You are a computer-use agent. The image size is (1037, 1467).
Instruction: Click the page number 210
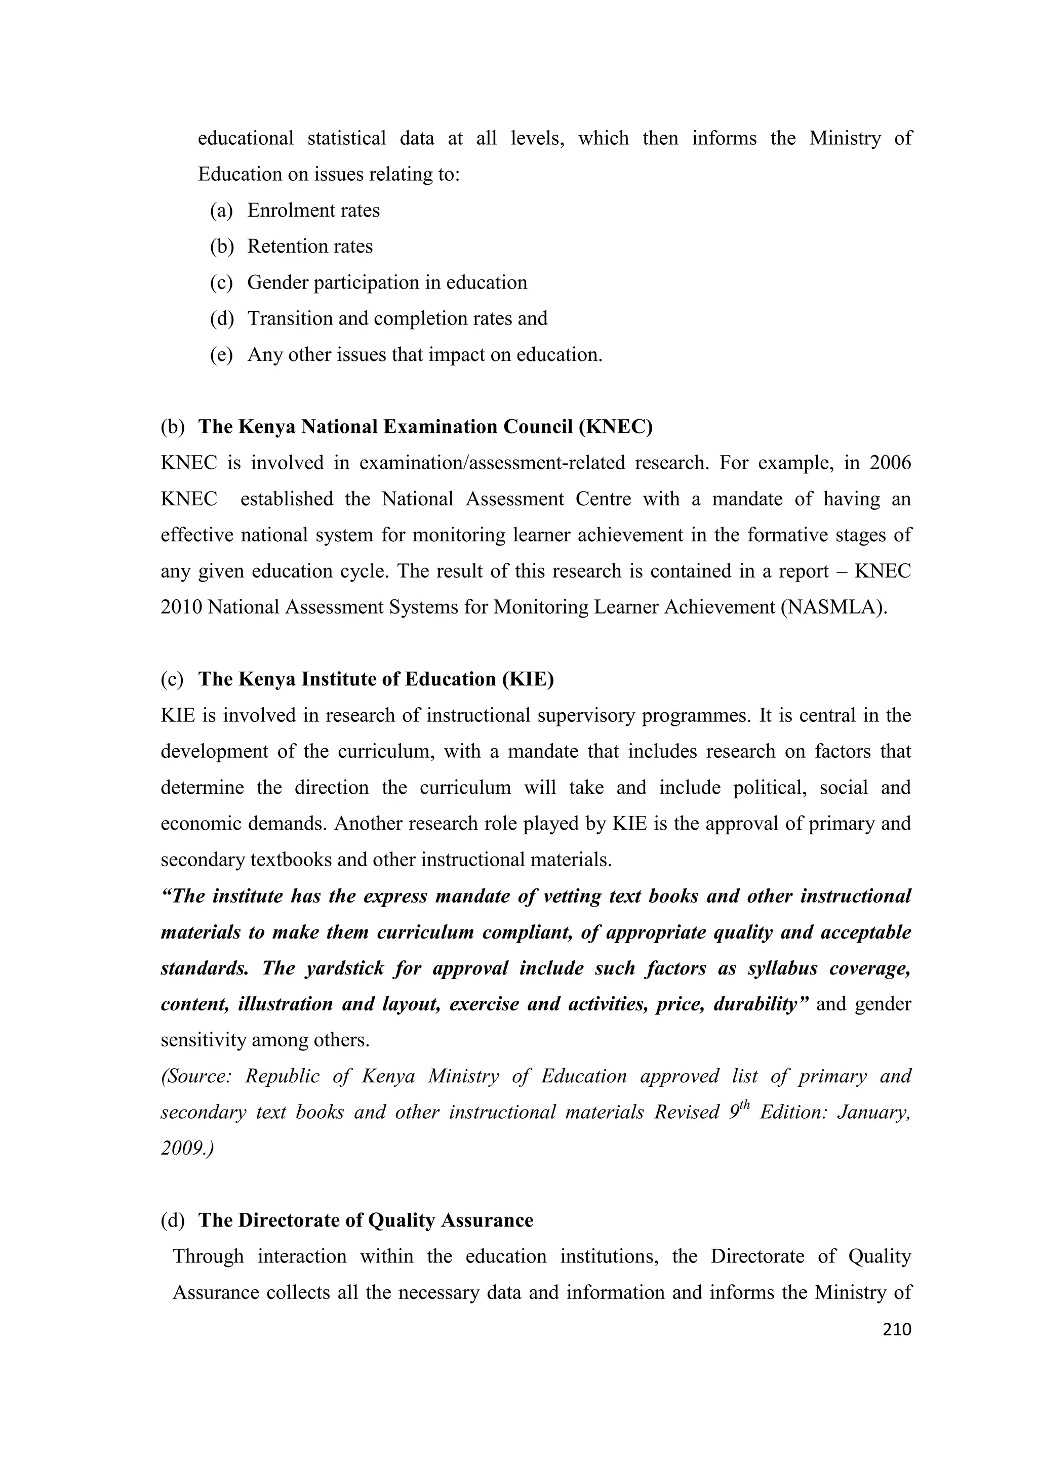point(896,1330)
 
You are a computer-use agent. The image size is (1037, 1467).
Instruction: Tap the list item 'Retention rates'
point(310,246)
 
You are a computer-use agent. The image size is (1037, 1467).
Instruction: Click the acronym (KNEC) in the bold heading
point(615,427)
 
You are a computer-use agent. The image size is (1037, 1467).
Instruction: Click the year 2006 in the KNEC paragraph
point(890,463)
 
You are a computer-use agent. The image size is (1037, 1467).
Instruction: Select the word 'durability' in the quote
point(759,1004)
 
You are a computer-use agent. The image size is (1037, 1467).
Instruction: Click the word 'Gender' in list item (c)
point(277,282)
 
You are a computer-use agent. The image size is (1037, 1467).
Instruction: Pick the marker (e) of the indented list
point(221,355)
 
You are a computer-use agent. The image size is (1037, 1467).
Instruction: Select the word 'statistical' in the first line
point(346,138)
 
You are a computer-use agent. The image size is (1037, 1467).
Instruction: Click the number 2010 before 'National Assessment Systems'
point(181,607)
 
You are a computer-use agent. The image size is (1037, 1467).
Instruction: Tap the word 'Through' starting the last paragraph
point(208,1256)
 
